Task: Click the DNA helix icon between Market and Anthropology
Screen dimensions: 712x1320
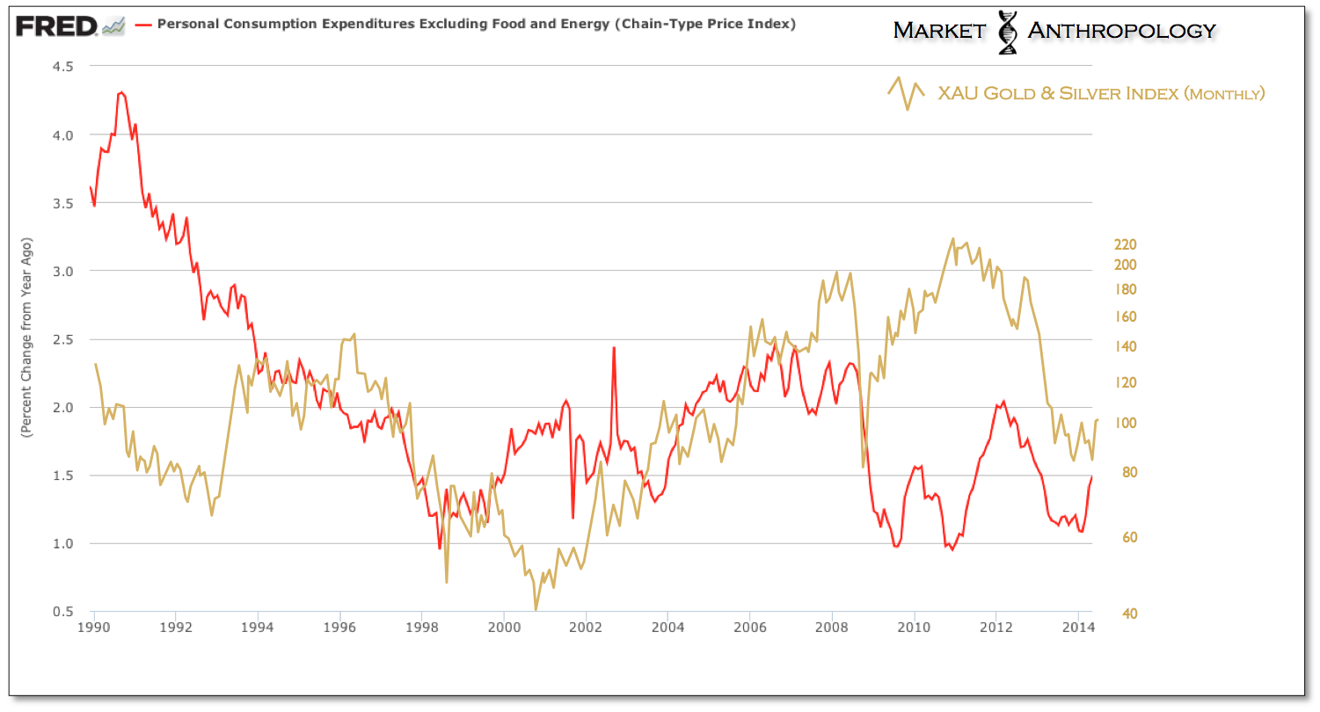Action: (x=1008, y=32)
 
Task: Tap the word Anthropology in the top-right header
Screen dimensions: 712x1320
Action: (x=1121, y=31)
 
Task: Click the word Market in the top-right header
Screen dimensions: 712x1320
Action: (x=939, y=31)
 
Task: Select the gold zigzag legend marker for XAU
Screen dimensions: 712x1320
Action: (x=907, y=92)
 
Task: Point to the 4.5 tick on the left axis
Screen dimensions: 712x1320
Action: (x=61, y=67)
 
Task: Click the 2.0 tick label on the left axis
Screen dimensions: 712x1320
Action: (x=61, y=408)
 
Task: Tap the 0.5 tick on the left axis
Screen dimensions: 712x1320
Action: (x=61, y=612)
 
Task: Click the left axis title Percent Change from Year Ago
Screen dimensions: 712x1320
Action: (x=27, y=338)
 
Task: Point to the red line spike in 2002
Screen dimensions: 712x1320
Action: (x=613, y=347)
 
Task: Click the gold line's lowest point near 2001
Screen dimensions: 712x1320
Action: (x=536, y=608)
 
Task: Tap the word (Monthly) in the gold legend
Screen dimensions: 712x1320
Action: (x=1224, y=93)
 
